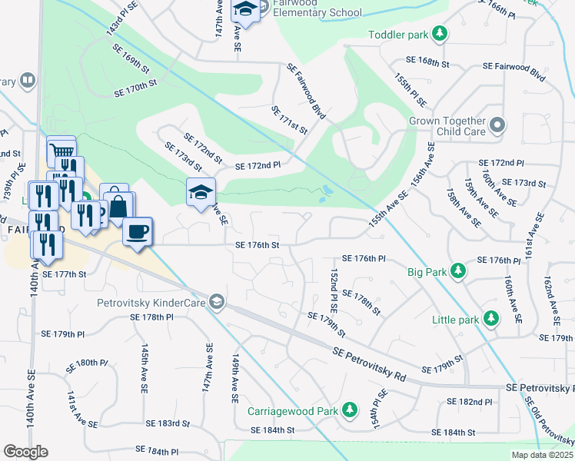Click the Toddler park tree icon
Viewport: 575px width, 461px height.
point(440,34)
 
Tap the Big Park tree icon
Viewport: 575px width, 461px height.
point(458,271)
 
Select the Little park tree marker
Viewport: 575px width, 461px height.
point(490,319)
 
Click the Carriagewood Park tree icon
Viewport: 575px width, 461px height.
point(350,410)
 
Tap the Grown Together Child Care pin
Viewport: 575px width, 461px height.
point(497,125)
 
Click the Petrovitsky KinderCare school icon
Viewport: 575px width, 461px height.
point(217,302)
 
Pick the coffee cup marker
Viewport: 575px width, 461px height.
point(138,230)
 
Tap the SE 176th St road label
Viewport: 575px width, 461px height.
point(256,245)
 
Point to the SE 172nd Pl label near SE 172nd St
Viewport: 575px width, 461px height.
point(258,165)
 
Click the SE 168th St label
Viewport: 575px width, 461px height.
point(428,62)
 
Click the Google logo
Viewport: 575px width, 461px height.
point(25,452)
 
